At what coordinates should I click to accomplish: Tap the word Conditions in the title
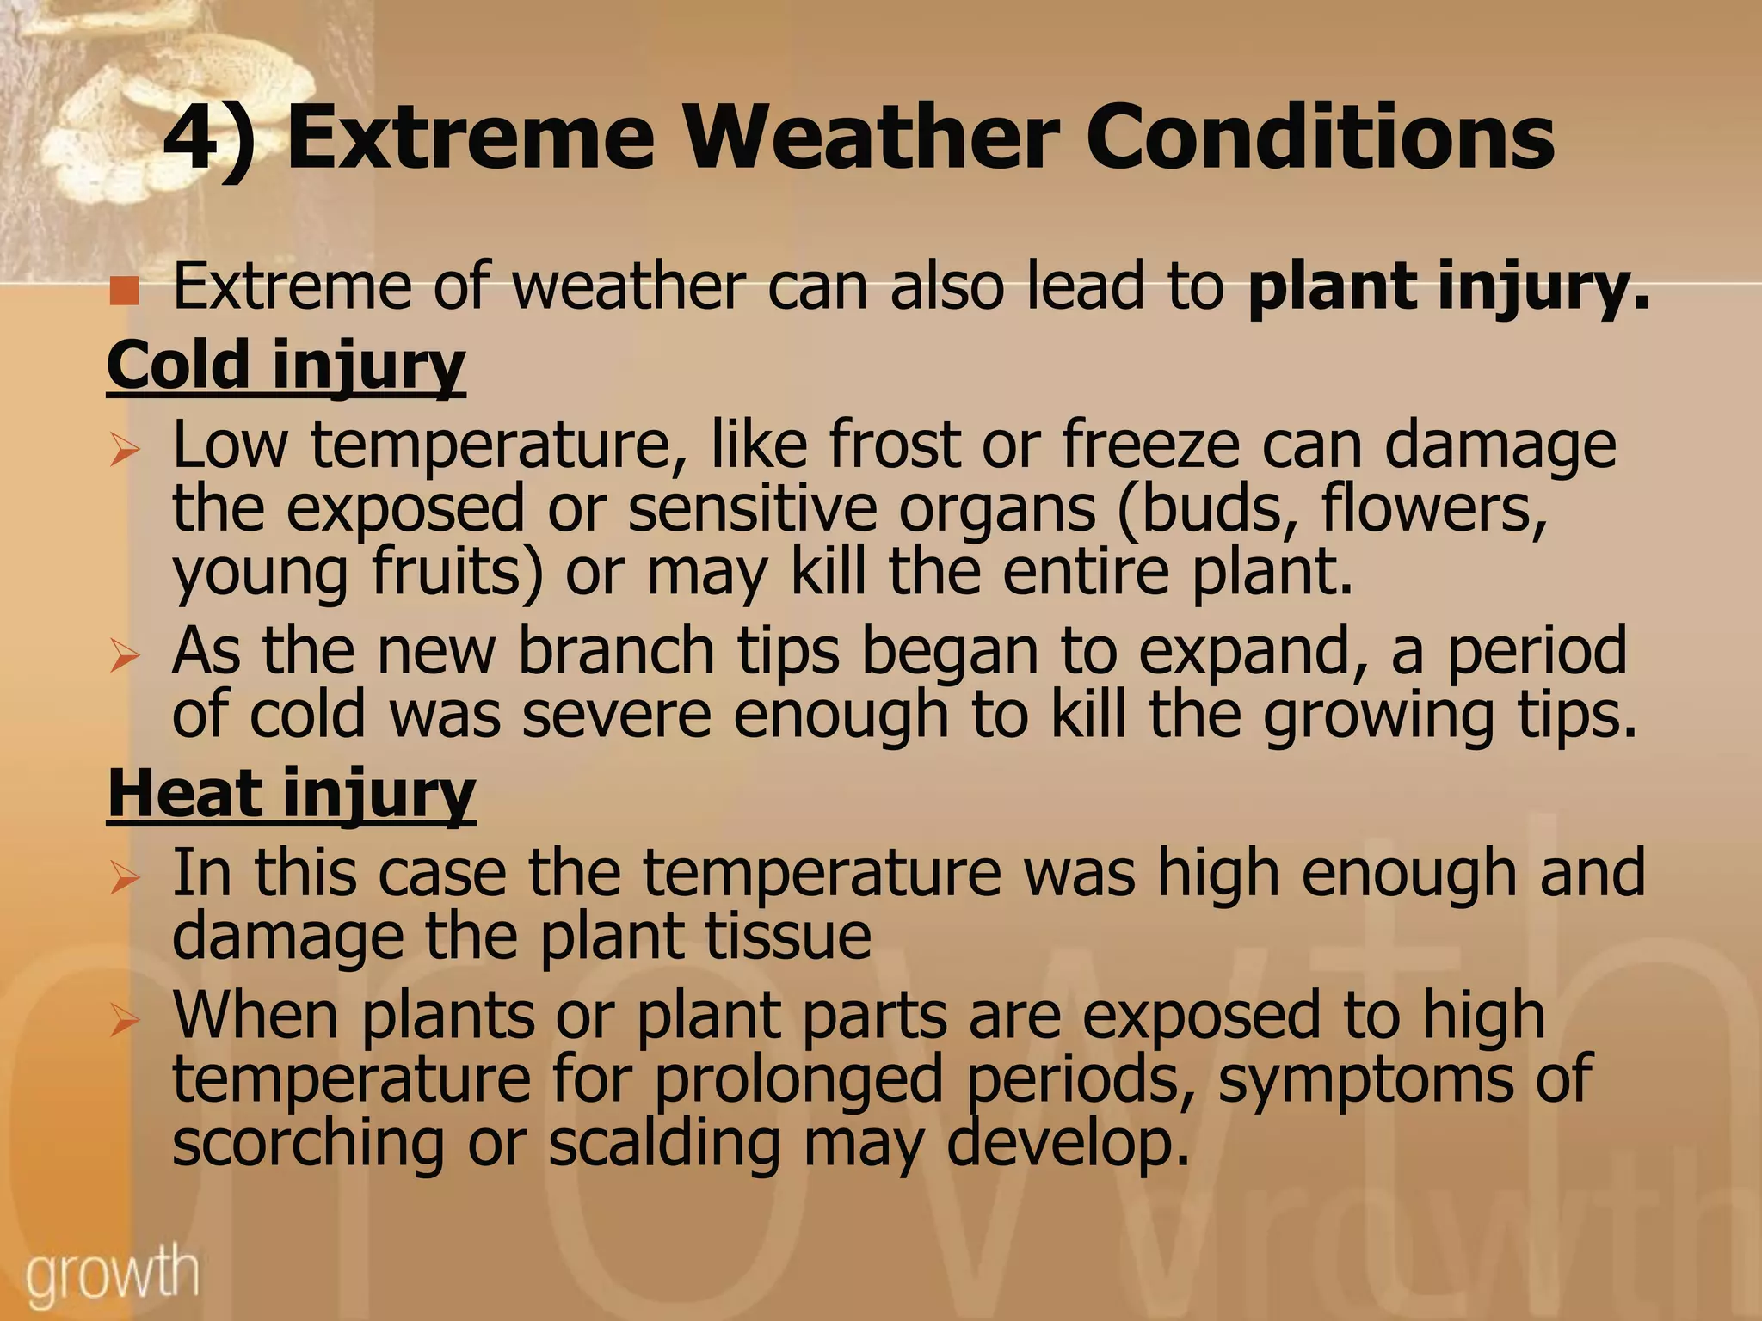click(1320, 138)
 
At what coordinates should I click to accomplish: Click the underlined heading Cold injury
click(286, 365)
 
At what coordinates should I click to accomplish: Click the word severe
click(616, 716)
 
